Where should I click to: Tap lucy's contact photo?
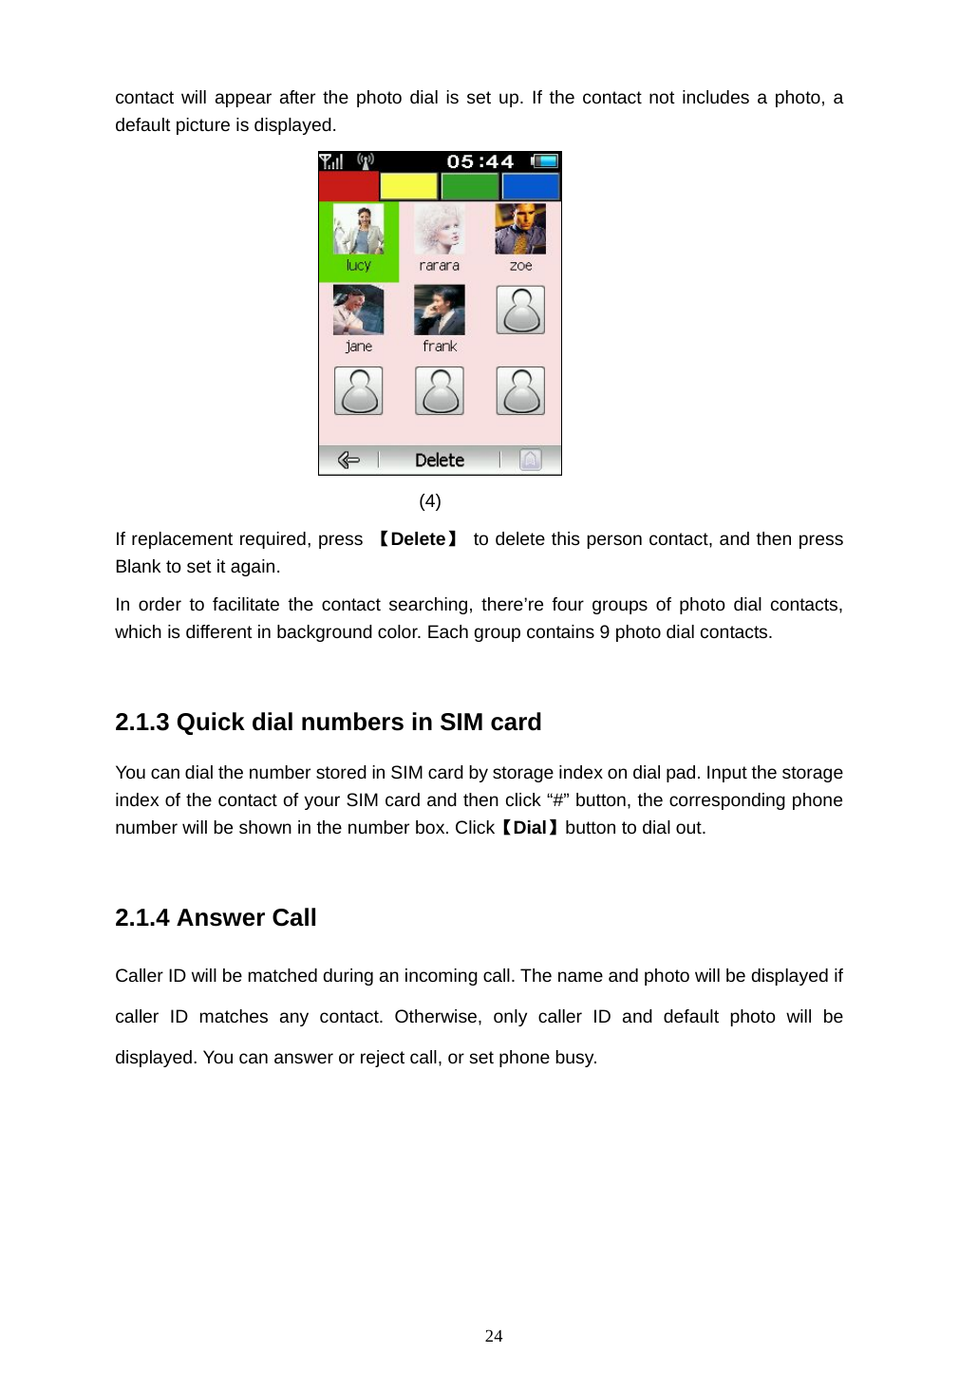358,230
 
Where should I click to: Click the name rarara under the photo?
439,266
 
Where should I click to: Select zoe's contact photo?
520,229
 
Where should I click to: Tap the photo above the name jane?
358,310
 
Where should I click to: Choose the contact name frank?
440,347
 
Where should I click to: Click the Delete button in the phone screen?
440,461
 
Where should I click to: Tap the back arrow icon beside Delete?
348,461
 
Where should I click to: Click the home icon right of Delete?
531,461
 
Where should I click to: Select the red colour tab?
348,186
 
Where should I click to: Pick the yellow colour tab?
408,186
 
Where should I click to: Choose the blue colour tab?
531,186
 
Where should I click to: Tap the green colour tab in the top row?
470,186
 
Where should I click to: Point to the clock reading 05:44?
480,162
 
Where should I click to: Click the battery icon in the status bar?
545,161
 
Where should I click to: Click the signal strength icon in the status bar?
330,161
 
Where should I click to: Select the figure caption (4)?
430,501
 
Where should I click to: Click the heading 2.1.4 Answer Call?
216,918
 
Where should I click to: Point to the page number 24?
494,1336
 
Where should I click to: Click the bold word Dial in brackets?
530,828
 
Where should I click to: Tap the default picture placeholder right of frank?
520,310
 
